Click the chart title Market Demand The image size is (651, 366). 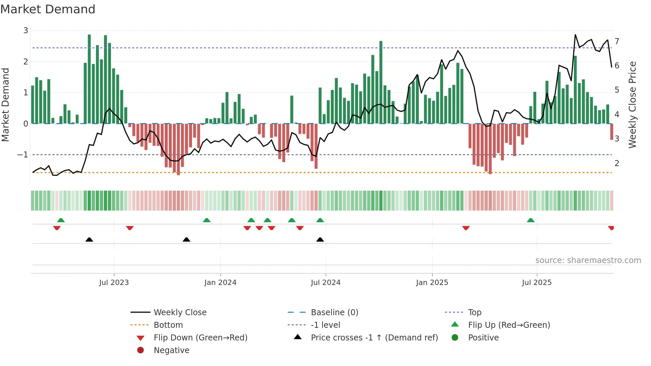click(48, 9)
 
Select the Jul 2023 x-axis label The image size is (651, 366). click(114, 283)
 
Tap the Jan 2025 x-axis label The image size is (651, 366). click(432, 283)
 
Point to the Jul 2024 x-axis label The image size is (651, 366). click(325, 283)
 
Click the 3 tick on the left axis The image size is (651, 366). click(26, 31)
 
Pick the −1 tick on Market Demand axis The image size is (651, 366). click(23, 155)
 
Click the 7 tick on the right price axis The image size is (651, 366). click(617, 42)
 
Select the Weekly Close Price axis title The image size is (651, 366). click(632, 105)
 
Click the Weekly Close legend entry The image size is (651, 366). click(180, 313)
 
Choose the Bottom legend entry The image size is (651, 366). click(168, 325)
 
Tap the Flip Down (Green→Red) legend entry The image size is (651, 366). click(200, 338)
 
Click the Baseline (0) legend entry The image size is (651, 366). click(334, 313)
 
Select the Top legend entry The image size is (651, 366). click(475, 313)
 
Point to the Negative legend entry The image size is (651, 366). click(171, 350)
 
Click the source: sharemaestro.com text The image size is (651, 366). click(588, 260)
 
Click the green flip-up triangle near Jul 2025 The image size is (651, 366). click(530, 220)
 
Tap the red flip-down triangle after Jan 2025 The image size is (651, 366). click(466, 228)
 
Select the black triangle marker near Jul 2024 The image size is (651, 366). click(320, 239)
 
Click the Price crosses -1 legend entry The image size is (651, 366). click(374, 338)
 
